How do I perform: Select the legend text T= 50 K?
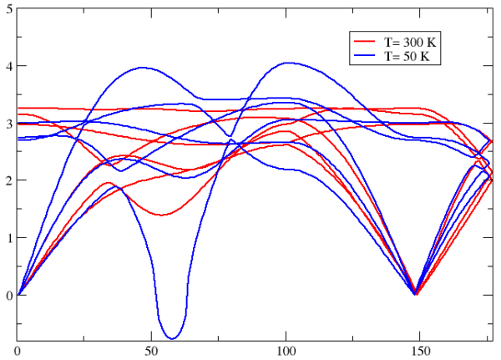pos(408,56)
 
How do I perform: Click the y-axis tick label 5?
pos(8,8)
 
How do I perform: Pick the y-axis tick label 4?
pos(8,66)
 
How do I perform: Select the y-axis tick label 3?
pos(8,123)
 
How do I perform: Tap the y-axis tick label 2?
pos(8,180)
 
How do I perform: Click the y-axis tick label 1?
pos(8,238)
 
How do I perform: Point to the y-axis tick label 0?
pos(8,295)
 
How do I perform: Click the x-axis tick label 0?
pos(18,351)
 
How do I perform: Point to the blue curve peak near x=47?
pos(143,68)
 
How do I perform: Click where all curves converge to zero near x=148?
pos(415,294)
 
